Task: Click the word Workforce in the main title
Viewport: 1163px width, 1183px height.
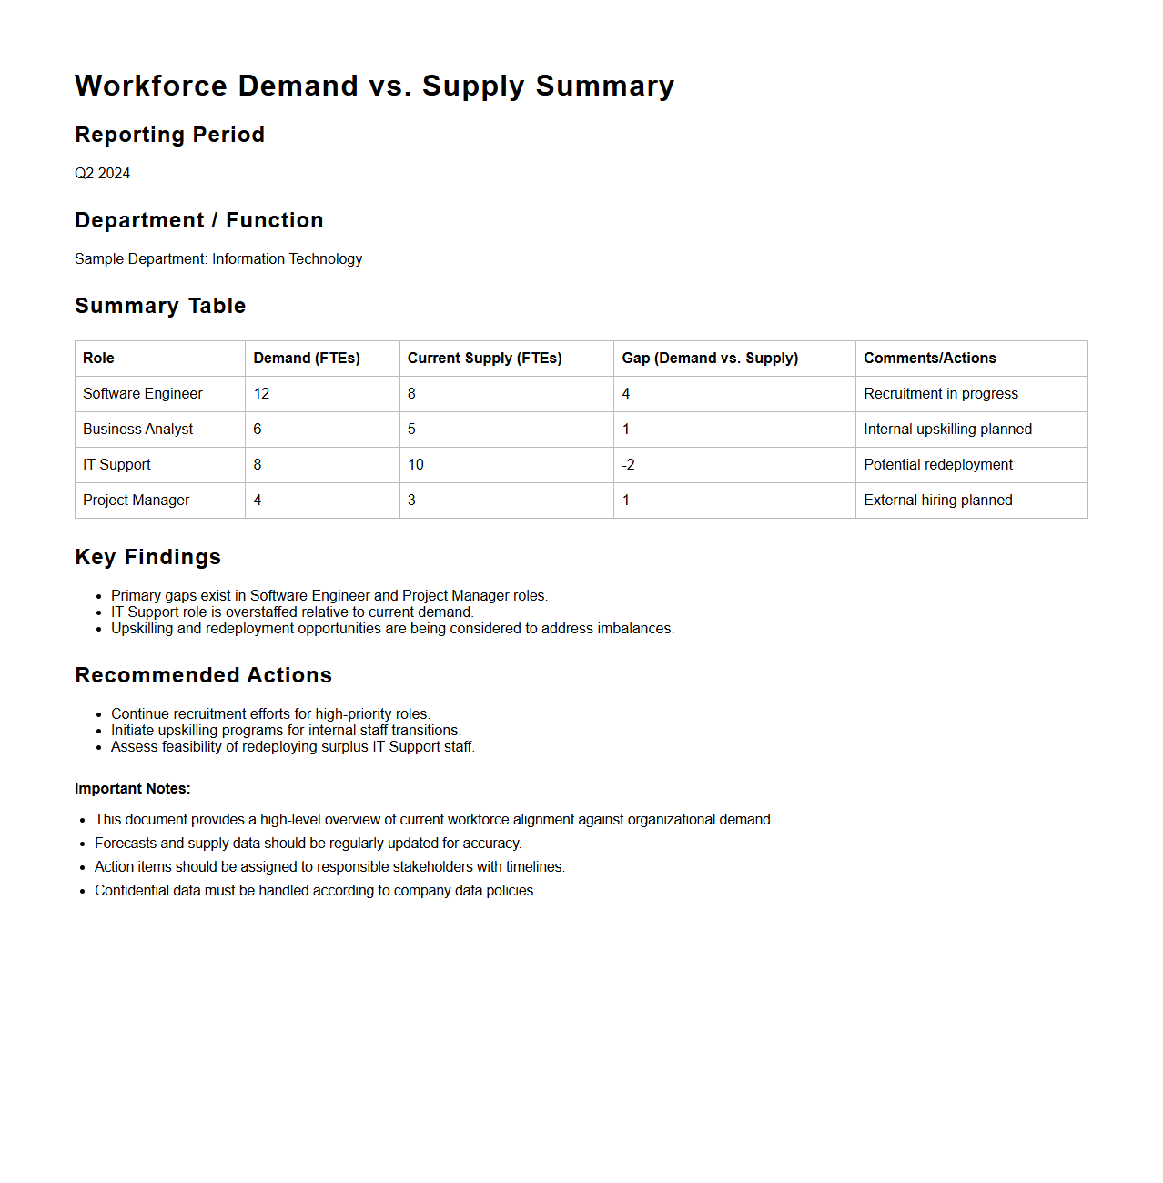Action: [152, 86]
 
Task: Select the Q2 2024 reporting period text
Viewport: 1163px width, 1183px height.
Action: [102, 173]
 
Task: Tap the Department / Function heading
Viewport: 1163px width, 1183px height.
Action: [198, 220]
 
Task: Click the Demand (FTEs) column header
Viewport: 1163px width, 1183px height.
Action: [307, 358]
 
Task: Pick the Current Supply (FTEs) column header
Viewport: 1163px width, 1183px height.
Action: [484, 358]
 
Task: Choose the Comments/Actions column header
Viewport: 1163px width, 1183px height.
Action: [929, 358]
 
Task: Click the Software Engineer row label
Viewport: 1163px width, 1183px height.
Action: [142, 393]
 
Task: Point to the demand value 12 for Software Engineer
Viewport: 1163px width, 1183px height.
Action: [261, 393]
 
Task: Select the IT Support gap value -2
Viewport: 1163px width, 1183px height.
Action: [628, 464]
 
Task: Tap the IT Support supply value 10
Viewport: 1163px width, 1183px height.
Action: [415, 464]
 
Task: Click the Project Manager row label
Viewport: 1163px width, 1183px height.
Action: [136, 500]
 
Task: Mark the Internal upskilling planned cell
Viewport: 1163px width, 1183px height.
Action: [947, 429]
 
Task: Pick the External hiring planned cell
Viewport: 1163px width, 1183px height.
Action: [937, 500]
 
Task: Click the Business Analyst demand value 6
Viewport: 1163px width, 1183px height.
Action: [258, 429]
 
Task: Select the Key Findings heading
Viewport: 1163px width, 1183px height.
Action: [147, 557]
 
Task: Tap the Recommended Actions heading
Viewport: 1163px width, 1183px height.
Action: [203, 675]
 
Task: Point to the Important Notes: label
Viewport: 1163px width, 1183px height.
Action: [132, 788]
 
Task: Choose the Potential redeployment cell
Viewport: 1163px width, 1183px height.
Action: [937, 464]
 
